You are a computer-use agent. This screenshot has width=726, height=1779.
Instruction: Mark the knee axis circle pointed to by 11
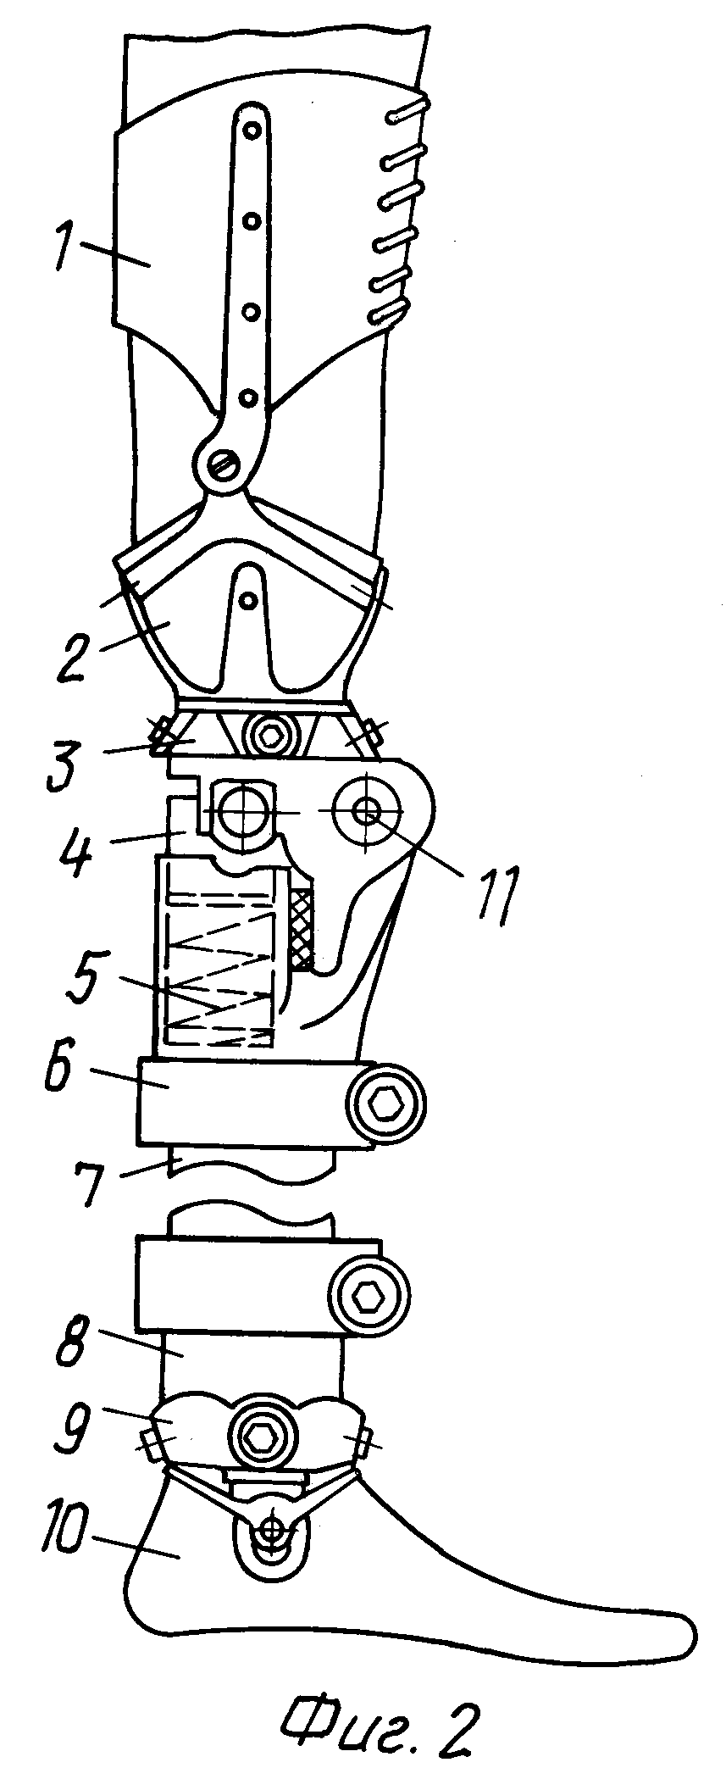click(367, 811)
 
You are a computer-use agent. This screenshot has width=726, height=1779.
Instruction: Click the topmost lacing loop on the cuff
click(409, 111)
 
